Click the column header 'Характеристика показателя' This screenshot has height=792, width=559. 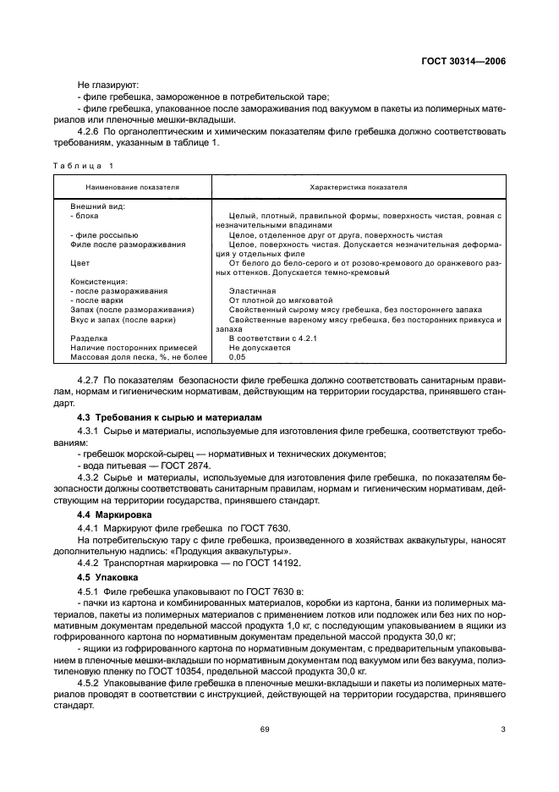coord(359,187)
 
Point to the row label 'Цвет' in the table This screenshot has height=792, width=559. coord(79,264)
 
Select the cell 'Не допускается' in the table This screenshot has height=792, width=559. coord(260,347)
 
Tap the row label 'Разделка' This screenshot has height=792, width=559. coord(88,338)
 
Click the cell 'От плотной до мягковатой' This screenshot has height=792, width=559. coord(280,300)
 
